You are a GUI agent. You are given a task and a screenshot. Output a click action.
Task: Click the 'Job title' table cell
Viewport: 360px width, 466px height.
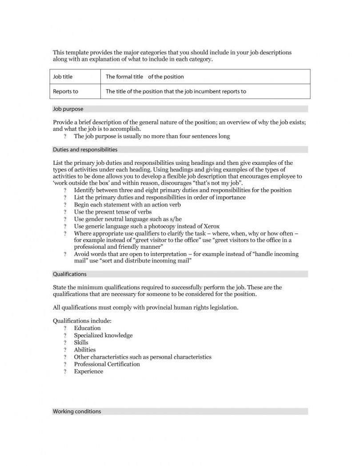63,77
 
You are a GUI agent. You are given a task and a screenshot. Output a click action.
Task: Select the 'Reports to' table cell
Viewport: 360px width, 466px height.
65,92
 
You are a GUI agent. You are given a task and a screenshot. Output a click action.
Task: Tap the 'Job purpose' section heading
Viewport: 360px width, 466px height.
68,109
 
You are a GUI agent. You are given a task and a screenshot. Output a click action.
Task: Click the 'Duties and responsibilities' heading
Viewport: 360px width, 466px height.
85,150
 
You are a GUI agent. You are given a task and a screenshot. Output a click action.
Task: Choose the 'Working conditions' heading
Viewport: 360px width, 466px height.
77,411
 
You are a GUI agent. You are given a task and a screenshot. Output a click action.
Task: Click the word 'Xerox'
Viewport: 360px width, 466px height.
211,227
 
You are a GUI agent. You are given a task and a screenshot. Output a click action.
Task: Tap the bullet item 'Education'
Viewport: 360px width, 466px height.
87,328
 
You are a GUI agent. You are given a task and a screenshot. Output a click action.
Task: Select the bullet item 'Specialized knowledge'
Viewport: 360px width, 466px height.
103,335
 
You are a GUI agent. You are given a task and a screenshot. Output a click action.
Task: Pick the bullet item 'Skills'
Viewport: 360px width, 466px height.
81,343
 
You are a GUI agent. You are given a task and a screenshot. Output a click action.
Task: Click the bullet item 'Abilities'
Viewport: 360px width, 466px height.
84,350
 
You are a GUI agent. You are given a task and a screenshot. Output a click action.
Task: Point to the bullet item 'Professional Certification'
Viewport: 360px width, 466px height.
107,364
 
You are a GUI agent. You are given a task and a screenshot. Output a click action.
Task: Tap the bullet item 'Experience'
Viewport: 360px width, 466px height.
88,371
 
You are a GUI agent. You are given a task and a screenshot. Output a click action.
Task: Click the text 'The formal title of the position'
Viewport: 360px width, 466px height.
144,77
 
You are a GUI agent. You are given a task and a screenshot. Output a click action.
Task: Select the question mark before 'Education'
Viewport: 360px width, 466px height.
65,328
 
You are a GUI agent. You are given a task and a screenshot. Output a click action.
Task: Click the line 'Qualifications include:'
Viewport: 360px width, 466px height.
82,321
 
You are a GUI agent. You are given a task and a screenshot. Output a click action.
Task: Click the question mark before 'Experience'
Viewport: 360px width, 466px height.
65,371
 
